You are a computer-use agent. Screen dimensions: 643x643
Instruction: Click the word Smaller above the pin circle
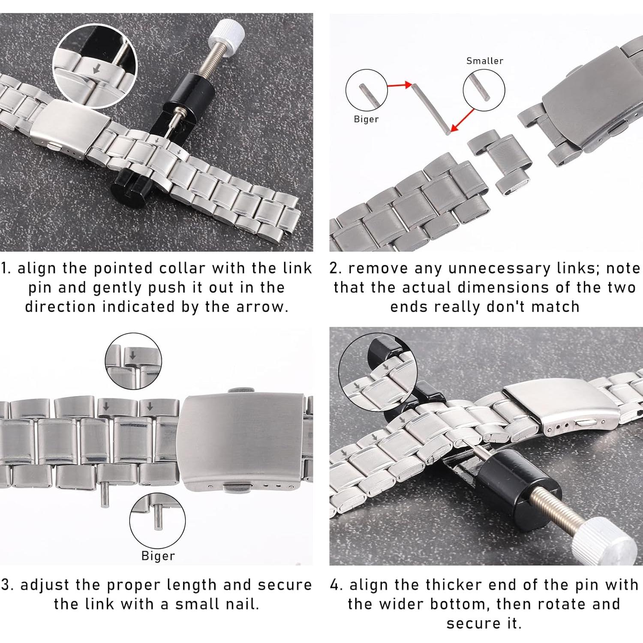point(484,61)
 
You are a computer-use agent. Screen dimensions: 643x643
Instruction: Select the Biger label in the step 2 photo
point(366,119)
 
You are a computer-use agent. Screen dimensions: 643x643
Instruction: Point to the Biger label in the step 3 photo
point(158,556)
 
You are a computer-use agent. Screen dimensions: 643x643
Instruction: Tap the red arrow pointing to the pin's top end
point(399,85)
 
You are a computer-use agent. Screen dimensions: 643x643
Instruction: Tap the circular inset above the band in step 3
point(133,361)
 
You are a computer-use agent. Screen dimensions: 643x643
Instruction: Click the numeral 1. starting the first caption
point(7,268)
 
